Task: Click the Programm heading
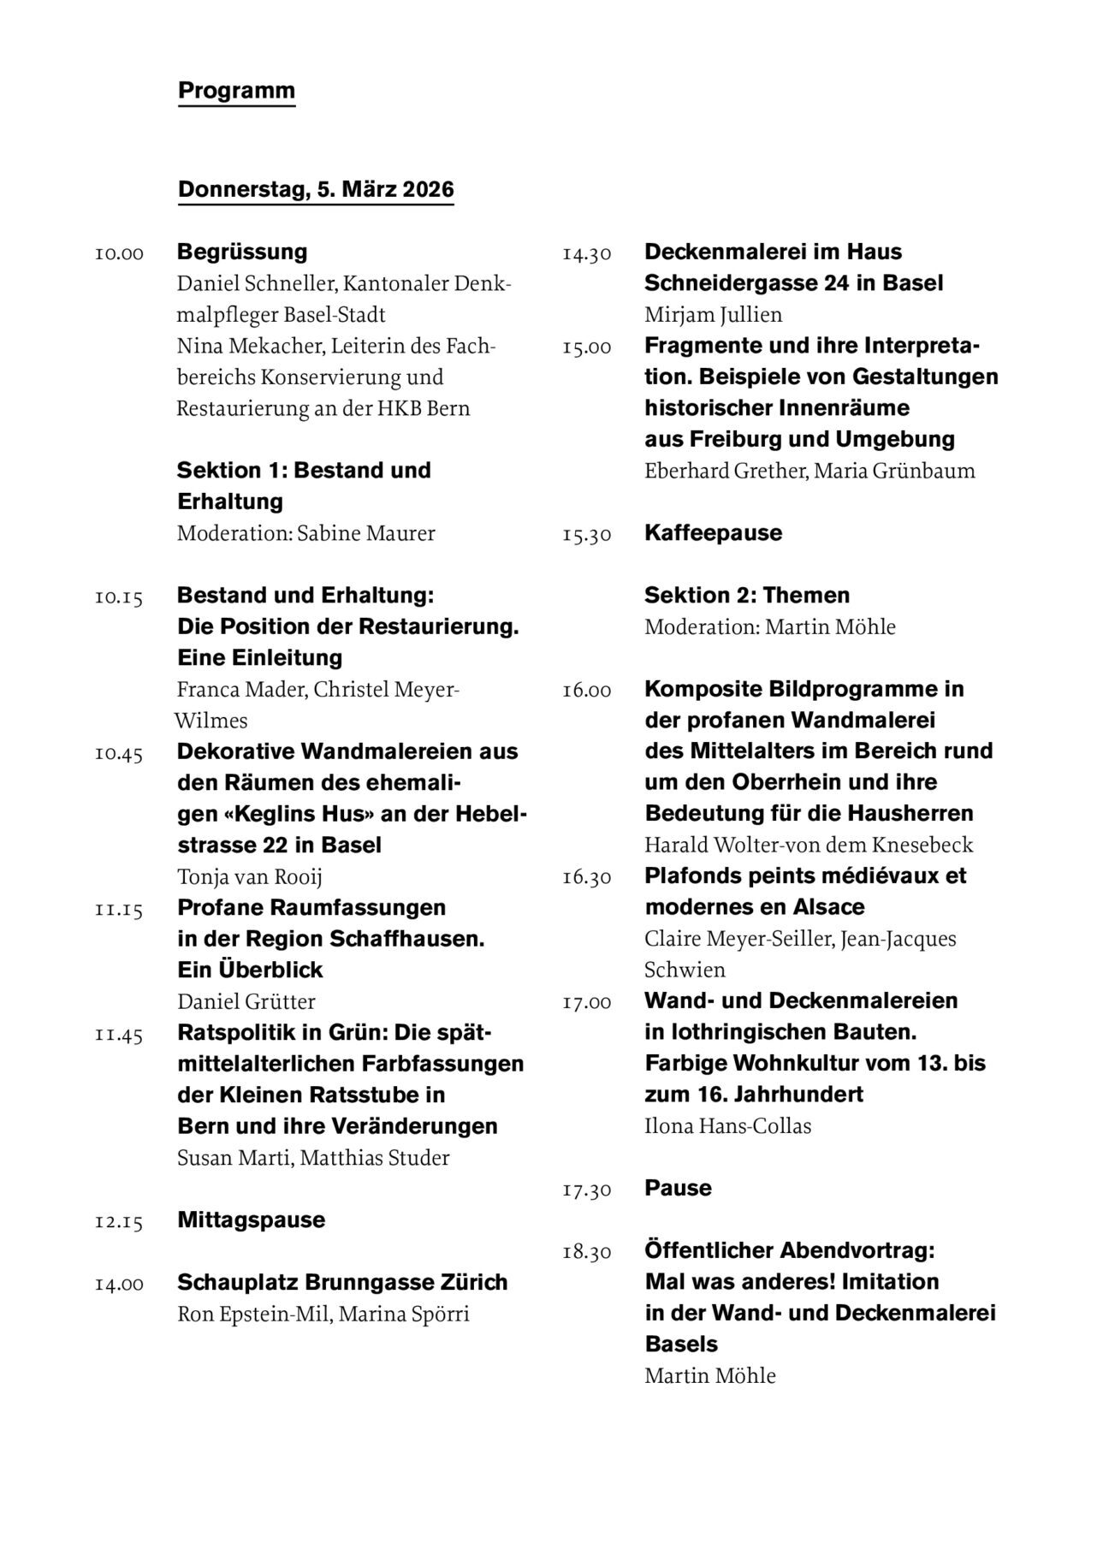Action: (236, 91)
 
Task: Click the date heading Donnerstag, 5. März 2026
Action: (316, 189)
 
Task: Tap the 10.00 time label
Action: (119, 254)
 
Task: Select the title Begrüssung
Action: (242, 252)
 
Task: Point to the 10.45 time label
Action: (119, 754)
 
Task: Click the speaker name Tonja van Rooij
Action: (250, 877)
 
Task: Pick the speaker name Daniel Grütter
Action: (246, 1001)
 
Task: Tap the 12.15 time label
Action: (119, 1222)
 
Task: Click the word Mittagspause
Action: (252, 1220)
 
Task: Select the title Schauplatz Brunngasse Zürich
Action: (342, 1282)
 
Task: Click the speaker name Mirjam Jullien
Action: (714, 315)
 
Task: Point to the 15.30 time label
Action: (587, 535)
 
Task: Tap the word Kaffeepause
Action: (714, 532)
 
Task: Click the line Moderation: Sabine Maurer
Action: (306, 533)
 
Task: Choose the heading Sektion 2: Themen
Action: (747, 595)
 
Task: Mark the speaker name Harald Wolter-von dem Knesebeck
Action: (809, 846)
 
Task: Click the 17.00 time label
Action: (587, 1002)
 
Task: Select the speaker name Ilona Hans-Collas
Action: (728, 1126)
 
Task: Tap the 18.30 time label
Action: (587, 1253)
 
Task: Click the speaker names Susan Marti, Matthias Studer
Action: (313, 1158)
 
